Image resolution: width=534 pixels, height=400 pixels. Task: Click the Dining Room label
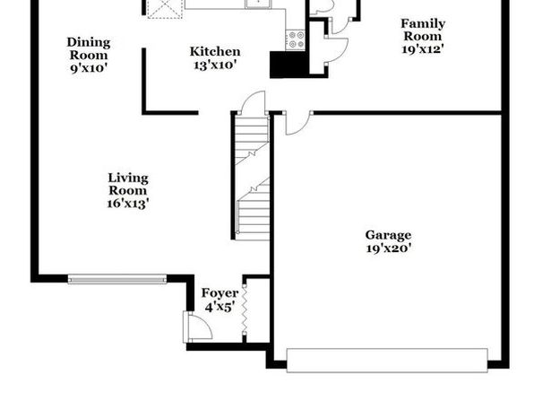point(89,48)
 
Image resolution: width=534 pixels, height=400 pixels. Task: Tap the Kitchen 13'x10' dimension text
point(215,65)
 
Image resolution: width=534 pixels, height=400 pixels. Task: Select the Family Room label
point(423,30)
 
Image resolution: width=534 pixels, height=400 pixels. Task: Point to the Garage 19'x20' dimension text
point(389,248)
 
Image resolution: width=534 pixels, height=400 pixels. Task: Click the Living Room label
point(128,184)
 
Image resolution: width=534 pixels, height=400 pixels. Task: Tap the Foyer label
point(220,293)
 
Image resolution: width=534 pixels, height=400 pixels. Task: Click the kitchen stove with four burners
point(296,40)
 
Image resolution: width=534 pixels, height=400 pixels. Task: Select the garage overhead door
point(387,361)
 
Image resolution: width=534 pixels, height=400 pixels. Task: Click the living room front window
point(117,280)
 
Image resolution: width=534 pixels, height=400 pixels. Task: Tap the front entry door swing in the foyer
point(198,327)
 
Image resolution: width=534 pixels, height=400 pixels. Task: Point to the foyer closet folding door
point(245,309)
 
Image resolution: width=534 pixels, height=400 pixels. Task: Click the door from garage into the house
point(298,123)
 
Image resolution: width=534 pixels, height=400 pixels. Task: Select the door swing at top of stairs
point(253,102)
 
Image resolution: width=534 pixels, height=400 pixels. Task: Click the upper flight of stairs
point(252,140)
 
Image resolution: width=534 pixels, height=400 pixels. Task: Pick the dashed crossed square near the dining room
point(165,9)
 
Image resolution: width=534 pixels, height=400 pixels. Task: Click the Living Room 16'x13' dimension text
point(128,204)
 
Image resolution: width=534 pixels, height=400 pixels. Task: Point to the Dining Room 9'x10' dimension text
point(89,68)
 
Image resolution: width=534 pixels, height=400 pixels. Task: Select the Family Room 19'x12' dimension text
point(423,49)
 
